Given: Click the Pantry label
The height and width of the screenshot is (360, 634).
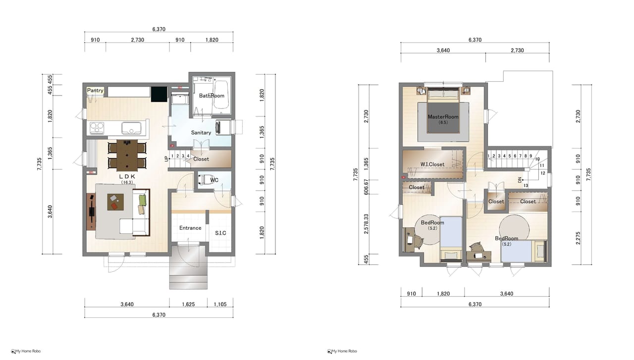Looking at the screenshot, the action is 95,90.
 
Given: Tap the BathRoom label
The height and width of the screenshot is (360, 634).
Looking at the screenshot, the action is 211,96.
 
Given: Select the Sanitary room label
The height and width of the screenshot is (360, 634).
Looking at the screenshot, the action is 201,132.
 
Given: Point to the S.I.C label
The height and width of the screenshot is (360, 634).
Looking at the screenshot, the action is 220,233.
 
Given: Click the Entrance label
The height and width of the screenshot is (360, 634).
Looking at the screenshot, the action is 190,228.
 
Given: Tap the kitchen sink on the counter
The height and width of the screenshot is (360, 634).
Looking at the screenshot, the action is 131,128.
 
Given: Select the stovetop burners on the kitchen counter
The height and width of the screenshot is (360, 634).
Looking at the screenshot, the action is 97,128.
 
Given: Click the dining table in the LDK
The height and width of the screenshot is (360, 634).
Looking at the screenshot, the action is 127,155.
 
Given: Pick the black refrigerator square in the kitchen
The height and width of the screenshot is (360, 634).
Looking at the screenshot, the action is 159,94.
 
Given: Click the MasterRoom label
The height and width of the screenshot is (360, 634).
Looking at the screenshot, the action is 443,116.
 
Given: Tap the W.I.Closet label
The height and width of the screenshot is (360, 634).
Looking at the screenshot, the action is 432,164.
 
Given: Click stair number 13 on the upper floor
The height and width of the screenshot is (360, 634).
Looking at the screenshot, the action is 526,186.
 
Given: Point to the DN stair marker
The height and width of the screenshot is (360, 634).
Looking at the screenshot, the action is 520,180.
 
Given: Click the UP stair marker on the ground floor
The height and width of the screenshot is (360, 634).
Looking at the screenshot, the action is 166,159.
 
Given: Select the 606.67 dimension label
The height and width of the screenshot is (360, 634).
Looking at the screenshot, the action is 366,187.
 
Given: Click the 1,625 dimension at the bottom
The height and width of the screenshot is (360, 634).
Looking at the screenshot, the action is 188,304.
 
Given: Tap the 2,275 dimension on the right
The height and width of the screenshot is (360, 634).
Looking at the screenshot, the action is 578,238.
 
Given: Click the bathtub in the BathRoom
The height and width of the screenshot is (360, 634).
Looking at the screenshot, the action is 221,95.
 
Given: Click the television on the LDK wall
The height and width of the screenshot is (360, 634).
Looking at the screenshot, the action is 92,211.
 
